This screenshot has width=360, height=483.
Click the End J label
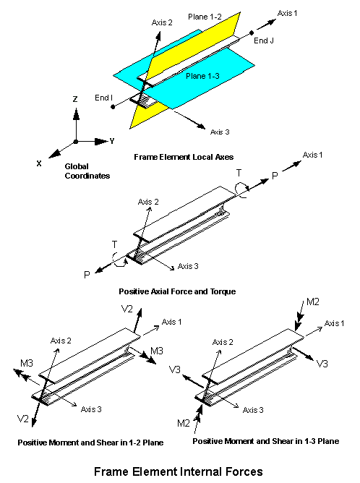(x=264, y=40)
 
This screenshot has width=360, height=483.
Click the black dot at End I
(x=113, y=107)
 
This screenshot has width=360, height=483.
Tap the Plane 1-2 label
(x=205, y=17)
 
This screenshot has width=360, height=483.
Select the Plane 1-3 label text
(x=202, y=76)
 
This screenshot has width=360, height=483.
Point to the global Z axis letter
(x=75, y=99)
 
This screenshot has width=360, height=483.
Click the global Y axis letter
(x=112, y=141)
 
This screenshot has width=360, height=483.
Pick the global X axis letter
(x=39, y=163)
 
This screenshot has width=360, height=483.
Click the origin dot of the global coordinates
(x=76, y=142)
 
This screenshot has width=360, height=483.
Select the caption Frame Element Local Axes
(x=184, y=157)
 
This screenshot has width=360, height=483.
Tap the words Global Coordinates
(x=87, y=171)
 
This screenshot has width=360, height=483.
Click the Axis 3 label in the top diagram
(x=220, y=132)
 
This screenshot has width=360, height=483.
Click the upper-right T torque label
(x=239, y=174)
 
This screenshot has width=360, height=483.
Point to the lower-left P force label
(x=87, y=275)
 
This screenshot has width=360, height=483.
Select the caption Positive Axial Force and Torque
(x=177, y=291)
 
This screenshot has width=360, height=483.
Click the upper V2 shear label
(x=127, y=309)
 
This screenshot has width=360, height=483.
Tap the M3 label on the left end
(x=27, y=364)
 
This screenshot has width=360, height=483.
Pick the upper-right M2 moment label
(x=313, y=302)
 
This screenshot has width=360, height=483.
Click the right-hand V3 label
(x=322, y=364)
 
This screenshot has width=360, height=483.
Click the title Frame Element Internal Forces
(x=179, y=471)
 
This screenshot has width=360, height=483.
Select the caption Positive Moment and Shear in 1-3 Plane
(x=266, y=441)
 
